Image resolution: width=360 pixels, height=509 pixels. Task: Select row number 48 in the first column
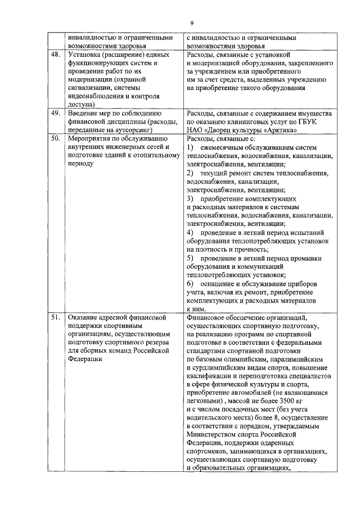pos(55,55)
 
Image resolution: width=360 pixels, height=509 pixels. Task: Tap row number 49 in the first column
pos(55,113)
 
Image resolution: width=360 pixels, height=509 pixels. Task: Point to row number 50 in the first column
pos(55,138)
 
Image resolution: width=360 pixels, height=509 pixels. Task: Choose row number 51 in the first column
pos(55,318)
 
